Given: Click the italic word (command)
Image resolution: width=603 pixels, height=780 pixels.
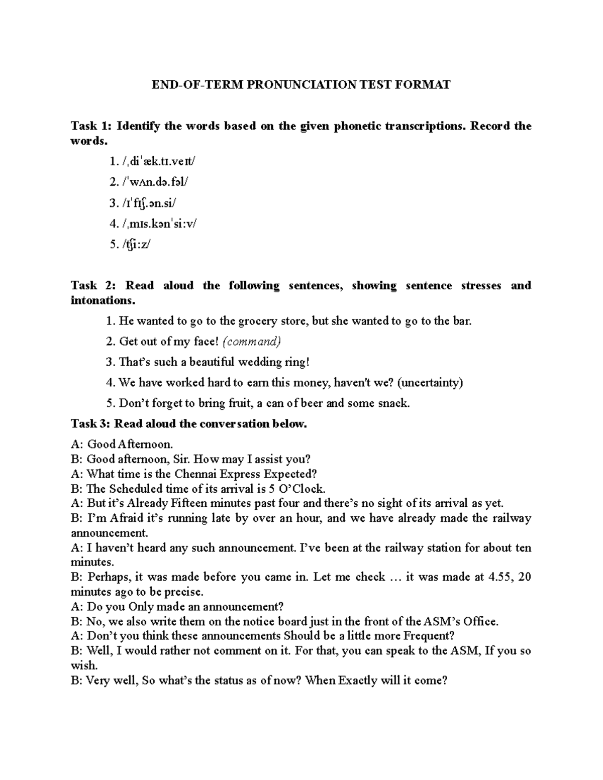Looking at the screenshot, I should coord(251,342).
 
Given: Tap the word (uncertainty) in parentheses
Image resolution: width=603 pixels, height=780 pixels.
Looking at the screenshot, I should coord(430,383).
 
